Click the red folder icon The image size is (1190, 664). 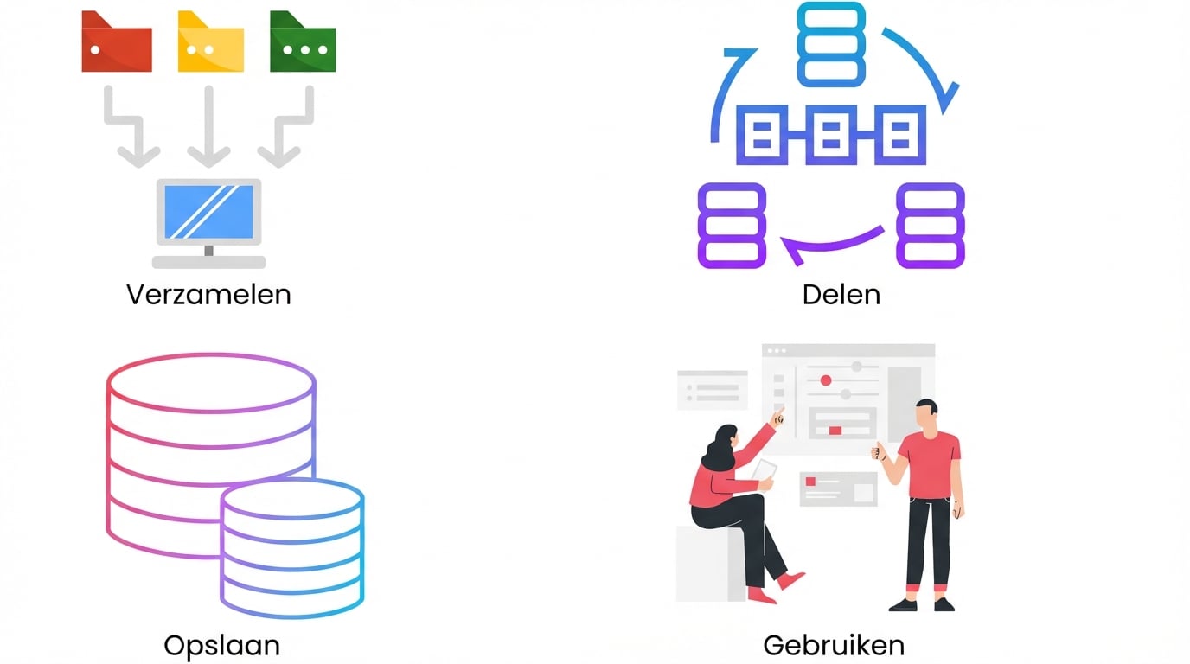[117, 47]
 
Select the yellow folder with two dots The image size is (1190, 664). [210, 47]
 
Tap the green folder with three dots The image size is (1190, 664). [303, 47]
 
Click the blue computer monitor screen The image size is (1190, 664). [208, 212]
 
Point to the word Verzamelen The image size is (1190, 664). [208, 295]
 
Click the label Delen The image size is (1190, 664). [841, 295]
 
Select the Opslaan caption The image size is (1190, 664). [221, 645]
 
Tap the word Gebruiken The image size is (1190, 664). [834, 645]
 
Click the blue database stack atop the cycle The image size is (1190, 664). [830, 45]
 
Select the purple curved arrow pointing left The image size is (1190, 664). [830, 246]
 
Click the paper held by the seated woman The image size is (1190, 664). [765, 470]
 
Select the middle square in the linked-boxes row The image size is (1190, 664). [830, 135]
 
